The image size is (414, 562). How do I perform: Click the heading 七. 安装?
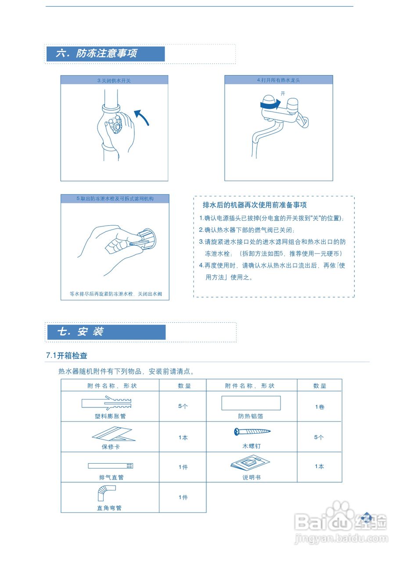click(81, 332)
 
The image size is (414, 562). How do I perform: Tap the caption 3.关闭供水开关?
click(114, 81)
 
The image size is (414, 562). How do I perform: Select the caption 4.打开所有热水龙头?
click(278, 80)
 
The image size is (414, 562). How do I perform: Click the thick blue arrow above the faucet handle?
click(270, 104)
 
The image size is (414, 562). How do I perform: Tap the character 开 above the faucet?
click(283, 94)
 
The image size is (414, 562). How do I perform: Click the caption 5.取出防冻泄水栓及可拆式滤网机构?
click(115, 199)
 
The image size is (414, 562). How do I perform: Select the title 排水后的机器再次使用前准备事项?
click(255, 205)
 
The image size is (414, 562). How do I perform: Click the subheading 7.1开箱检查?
click(67, 356)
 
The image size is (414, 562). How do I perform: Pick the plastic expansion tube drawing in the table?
click(107, 403)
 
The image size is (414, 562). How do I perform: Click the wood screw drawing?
click(252, 432)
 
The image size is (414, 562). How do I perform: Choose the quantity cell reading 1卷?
click(320, 407)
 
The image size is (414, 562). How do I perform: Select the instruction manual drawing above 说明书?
click(250, 464)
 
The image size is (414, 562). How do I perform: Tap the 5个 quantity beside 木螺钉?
click(319, 437)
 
